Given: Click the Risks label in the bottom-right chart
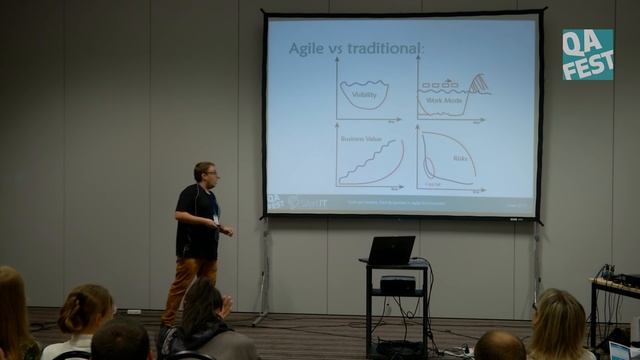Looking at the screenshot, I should (x=460, y=157).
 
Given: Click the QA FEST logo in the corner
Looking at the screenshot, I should (x=587, y=54).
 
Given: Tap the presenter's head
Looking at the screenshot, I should (x=205, y=173).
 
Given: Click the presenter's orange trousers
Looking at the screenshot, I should (x=186, y=285).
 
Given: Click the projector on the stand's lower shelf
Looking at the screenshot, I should (x=397, y=285).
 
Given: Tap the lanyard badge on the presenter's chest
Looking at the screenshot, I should (x=215, y=217).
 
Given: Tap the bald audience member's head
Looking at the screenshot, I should (x=499, y=346).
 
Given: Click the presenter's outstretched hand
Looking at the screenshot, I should (x=229, y=231).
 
